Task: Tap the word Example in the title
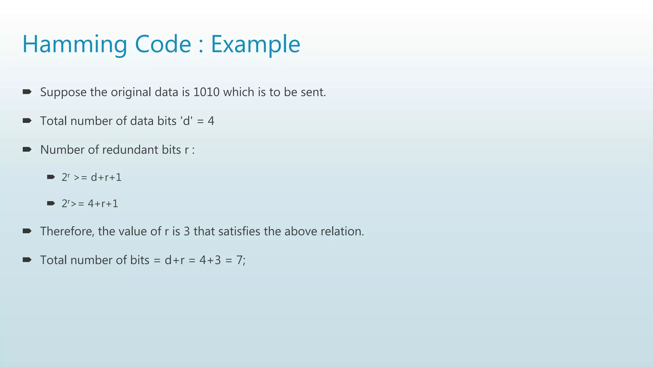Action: coord(255,45)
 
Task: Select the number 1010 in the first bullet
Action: coord(206,92)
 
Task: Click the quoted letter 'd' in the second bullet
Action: coord(187,121)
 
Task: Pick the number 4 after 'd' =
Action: coord(211,121)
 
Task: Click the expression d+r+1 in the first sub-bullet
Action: coord(106,177)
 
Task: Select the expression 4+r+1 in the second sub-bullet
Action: coord(103,204)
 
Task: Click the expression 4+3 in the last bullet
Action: coord(210,260)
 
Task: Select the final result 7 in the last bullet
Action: coord(239,260)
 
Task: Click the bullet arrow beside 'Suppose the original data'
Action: coord(27,92)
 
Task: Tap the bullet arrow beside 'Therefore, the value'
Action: coord(27,231)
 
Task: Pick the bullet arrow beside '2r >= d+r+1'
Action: coord(51,177)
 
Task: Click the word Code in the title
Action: coord(163,45)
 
